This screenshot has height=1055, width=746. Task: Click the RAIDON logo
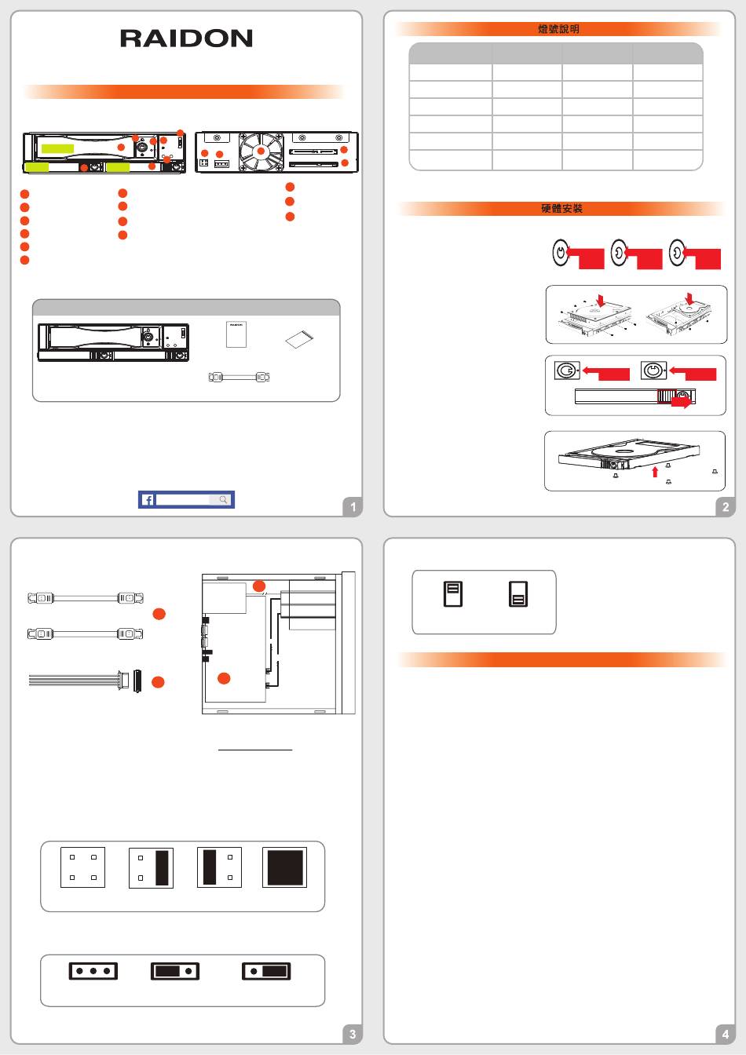tap(187, 38)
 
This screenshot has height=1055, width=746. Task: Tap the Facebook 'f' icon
tap(148, 500)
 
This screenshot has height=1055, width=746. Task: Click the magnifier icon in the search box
tap(223, 500)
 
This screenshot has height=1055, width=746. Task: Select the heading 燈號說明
tap(558, 29)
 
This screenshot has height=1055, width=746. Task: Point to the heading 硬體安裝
tap(561, 209)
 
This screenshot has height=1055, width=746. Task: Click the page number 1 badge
tap(353, 507)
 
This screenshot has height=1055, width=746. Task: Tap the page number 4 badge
tap(726, 1035)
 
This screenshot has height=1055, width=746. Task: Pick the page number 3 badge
tap(353, 1035)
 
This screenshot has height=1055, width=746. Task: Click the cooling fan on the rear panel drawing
tap(261, 151)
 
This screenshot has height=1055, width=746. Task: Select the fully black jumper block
tap(284, 867)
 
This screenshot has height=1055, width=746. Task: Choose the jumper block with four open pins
tap(83, 867)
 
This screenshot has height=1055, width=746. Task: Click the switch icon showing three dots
tap(93, 971)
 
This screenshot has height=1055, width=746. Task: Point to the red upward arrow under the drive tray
tap(655, 472)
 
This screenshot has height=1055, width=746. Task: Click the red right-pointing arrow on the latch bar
tap(682, 401)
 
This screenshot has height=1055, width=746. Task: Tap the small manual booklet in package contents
tap(236, 335)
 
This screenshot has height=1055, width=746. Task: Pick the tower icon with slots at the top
tap(453, 594)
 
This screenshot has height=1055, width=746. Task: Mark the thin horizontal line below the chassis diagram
tap(255, 750)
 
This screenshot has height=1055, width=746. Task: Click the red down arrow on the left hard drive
tap(601, 300)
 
